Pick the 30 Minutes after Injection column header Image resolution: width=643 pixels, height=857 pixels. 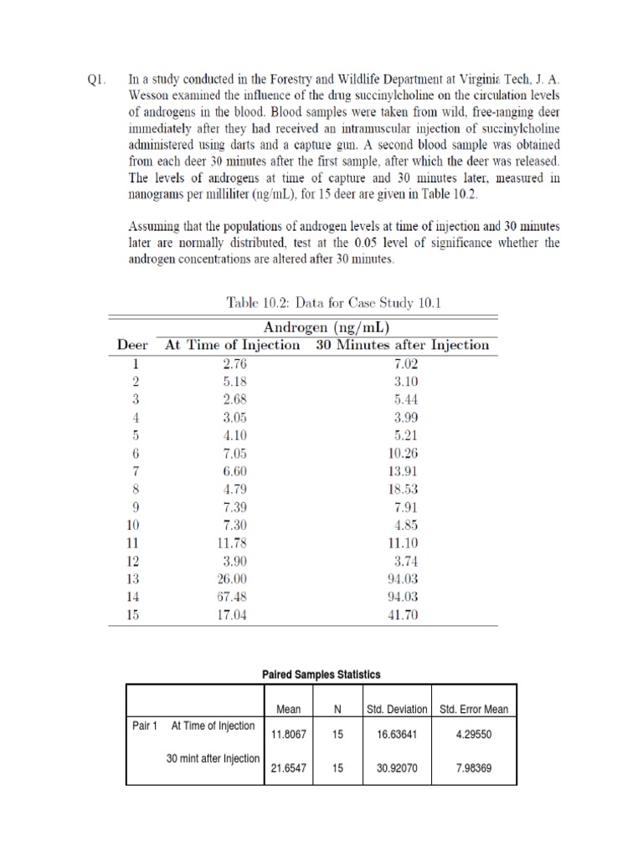(403, 345)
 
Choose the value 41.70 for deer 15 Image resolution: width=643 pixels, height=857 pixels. (404, 616)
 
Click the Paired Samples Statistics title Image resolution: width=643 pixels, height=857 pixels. (321, 675)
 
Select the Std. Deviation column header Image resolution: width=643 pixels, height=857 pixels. (397, 709)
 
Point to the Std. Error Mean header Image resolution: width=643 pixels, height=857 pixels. (473, 709)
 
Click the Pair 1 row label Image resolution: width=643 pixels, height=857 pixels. (145, 725)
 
